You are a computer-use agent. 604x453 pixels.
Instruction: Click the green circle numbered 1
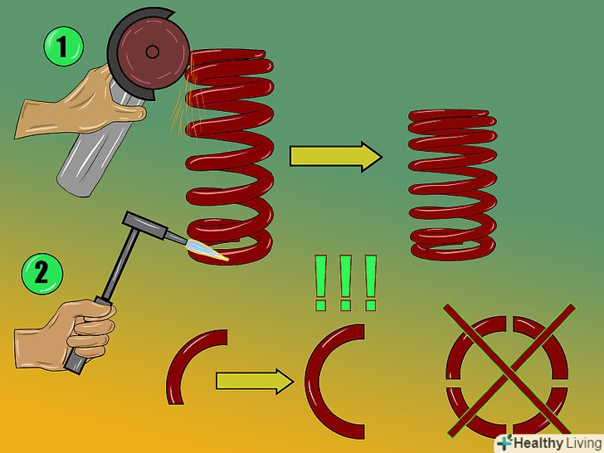pyautogui.click(x=63, y=46)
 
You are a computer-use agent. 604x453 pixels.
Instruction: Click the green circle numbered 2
pyautogui.click(x=42, y=274)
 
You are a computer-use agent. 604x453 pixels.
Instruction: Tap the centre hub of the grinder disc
pyautogui.click(x=153, y=51)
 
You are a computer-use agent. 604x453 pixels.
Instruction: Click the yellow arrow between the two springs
pyautogui.click(x=336, y=156)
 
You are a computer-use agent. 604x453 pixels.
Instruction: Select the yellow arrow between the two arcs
pyautogui.click(x=255, y=381)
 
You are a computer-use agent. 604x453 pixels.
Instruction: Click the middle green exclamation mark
pyautogui.click(x=345, y=282)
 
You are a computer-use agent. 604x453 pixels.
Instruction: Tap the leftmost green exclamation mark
pyautogui.click(x=320, y=282)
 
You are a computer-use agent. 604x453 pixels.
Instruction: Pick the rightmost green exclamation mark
pyautogui.click(x=370, y=282)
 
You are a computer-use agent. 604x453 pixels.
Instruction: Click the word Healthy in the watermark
pyautogui.click(x=538, y=443)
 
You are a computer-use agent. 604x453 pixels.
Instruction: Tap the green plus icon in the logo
pyautogui.click(x=505, y=442)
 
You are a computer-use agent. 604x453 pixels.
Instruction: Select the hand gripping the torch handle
pyautogui.click(x=66, y=334)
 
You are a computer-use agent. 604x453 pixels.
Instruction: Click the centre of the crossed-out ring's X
pyautogui.click(x=509, y=371)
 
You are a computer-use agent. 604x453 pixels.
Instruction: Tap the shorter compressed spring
pyautogui.click(x=453, y=185)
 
